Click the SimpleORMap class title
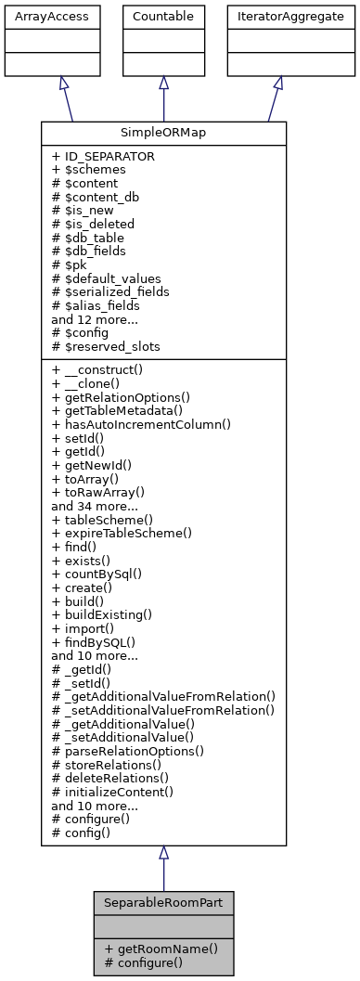163,134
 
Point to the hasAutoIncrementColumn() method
141,423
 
